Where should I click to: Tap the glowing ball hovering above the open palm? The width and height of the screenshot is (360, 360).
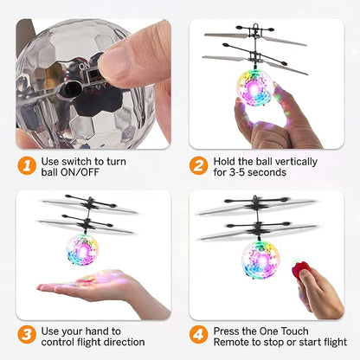[x=83, y=249]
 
